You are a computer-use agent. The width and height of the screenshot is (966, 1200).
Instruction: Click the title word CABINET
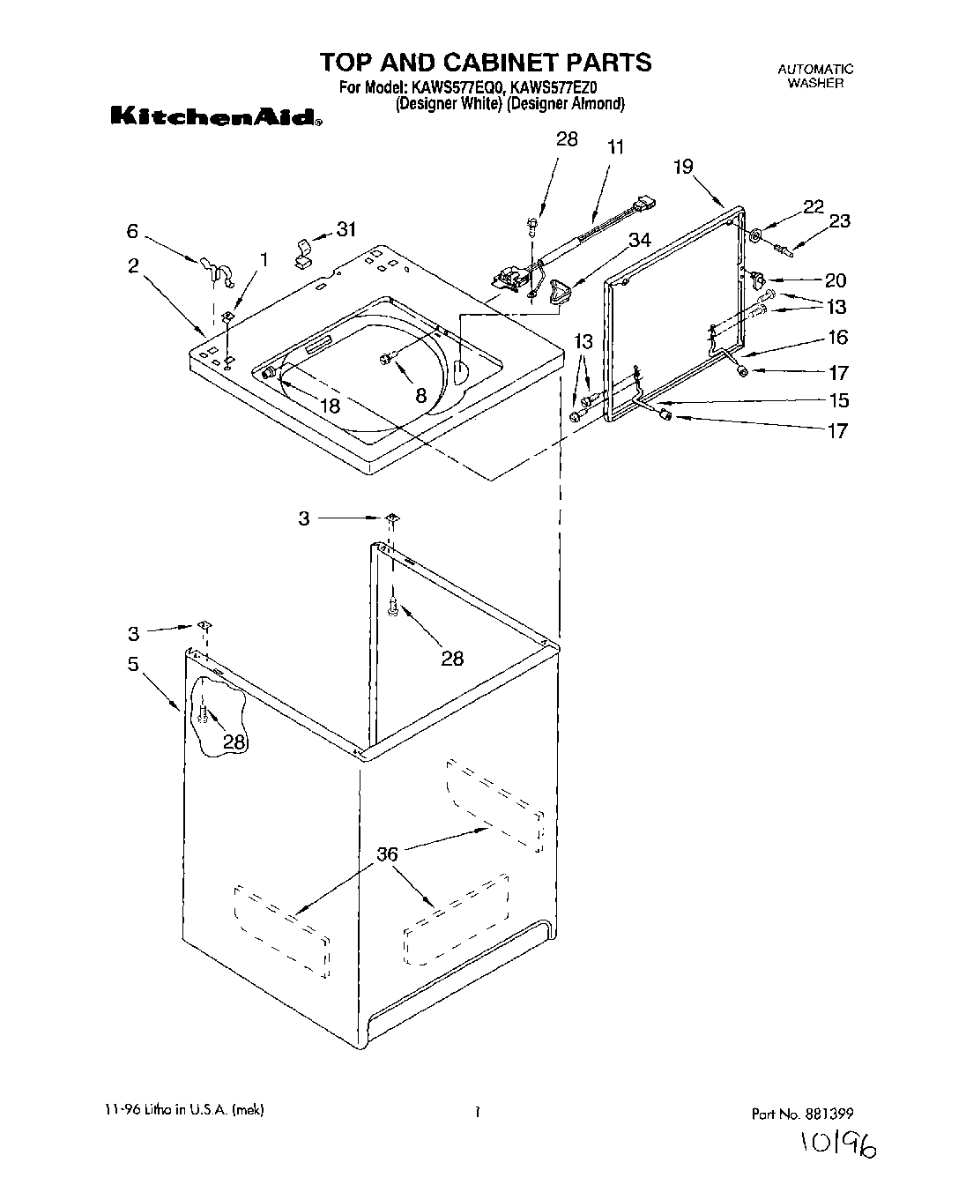pyautogui.click(x=479, y=62)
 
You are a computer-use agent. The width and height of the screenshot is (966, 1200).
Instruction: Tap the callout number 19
pyautogui.click(x=684, y=167)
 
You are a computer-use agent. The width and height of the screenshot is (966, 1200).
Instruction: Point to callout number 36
pyautogui.click(x=387, y=853)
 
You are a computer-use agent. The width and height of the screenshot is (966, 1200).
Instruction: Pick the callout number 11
pyautogui.click(x=615, y=147)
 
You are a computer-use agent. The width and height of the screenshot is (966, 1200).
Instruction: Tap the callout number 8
pyautogui.click(x=420, y=395)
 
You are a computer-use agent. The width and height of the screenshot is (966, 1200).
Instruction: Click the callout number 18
pyautogui.click(x=330, y=406)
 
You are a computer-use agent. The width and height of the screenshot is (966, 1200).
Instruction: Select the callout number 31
pyautogui.click(x=346, y=229)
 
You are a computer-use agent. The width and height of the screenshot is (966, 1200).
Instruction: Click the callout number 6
pyautogui.click(x=132, y=231)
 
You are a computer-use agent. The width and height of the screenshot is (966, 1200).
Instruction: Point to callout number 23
pyautogui.click(x=839, y=220)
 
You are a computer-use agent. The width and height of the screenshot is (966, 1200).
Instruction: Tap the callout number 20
pyautogui.click(x=836, y=280)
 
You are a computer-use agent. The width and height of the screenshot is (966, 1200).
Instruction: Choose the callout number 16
pyautogui.click(x=836, y=337)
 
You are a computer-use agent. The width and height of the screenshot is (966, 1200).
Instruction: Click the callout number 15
pyautogui.click(x=838, y=400)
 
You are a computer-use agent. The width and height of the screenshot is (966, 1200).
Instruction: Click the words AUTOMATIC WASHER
pyautogui.click(x=815, y=76)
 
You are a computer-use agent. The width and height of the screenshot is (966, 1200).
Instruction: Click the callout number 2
pyautogui.click(x=133, y=265)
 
